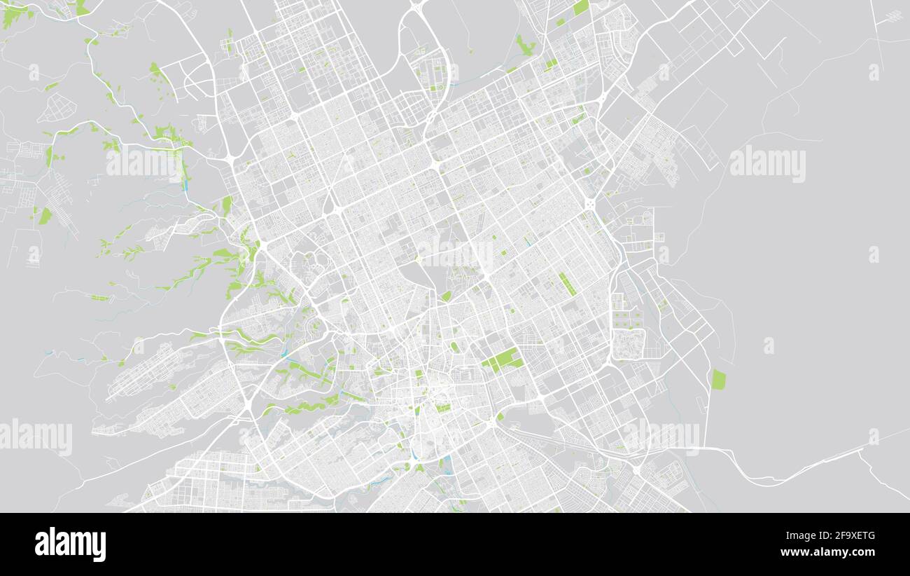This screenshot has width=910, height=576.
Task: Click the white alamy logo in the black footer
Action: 70,544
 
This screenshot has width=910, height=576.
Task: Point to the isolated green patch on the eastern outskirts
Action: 718,380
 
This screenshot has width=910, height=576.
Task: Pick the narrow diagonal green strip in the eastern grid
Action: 567,283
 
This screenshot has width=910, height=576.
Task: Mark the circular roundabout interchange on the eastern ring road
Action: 589,204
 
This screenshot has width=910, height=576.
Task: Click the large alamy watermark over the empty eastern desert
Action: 767,164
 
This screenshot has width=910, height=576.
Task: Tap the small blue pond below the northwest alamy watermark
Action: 185,186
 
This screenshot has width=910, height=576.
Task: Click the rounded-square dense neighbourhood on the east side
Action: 628,343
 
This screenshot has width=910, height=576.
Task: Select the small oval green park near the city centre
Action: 447,296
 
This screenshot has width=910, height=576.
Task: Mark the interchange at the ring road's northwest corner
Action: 230,160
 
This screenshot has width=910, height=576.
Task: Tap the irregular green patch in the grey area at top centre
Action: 525,46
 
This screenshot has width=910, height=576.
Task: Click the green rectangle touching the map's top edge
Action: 581,7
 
